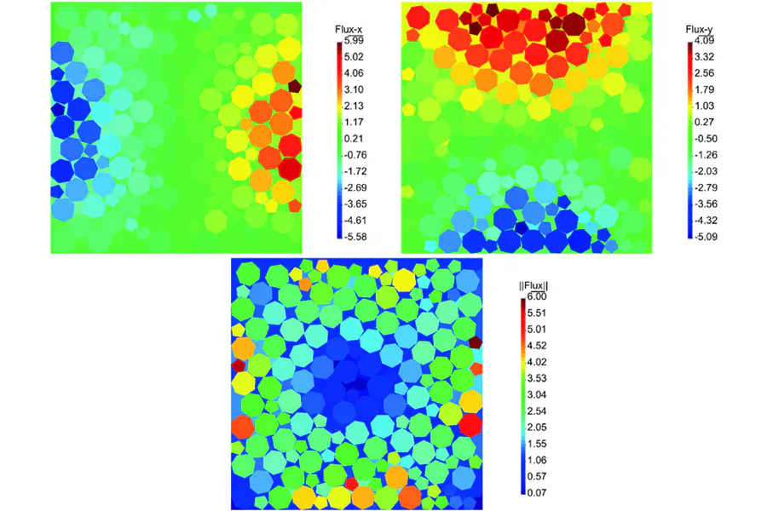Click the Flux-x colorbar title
tap(350, 30)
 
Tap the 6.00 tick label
tap(535, 296)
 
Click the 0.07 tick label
tap(535, 492)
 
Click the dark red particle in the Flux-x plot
tap(295, 85)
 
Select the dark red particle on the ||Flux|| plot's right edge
tap(474, 341)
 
